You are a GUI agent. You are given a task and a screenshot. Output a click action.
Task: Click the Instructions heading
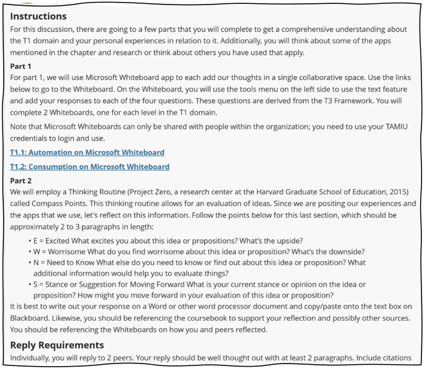[x=38, y=16]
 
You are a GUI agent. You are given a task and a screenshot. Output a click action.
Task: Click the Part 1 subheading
[x=21, y=66]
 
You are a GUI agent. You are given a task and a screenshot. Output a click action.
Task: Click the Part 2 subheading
[x=21, y=181]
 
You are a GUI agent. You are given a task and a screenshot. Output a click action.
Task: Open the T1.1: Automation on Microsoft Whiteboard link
[x=87, y=152]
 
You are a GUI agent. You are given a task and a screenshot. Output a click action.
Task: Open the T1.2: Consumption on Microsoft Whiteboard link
[x=90, y=167]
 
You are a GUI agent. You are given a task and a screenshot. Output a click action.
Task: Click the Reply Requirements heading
[x=57, y=345]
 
